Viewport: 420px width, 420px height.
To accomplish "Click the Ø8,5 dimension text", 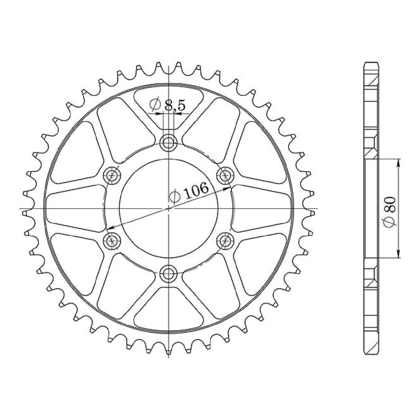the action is click(x=167, y=105).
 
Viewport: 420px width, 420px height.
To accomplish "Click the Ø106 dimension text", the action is click(x=189, y=192).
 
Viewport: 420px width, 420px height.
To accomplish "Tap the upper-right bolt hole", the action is click(x=225, y=175).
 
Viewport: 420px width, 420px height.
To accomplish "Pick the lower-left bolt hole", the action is click(x=112, y=241).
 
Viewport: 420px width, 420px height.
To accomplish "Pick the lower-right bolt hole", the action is click(x=225, y=241).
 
